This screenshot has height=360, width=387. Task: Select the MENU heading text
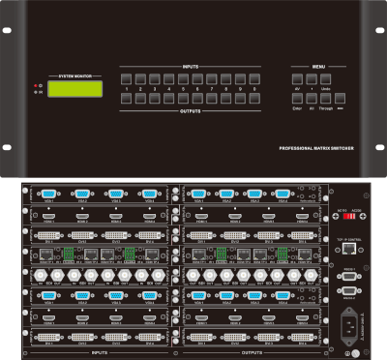click(319, 67)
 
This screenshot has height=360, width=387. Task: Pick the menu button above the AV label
click(298, 76)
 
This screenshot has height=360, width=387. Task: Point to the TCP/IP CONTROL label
click(349, 235)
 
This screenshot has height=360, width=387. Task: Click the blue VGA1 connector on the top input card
click(45, 193)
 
